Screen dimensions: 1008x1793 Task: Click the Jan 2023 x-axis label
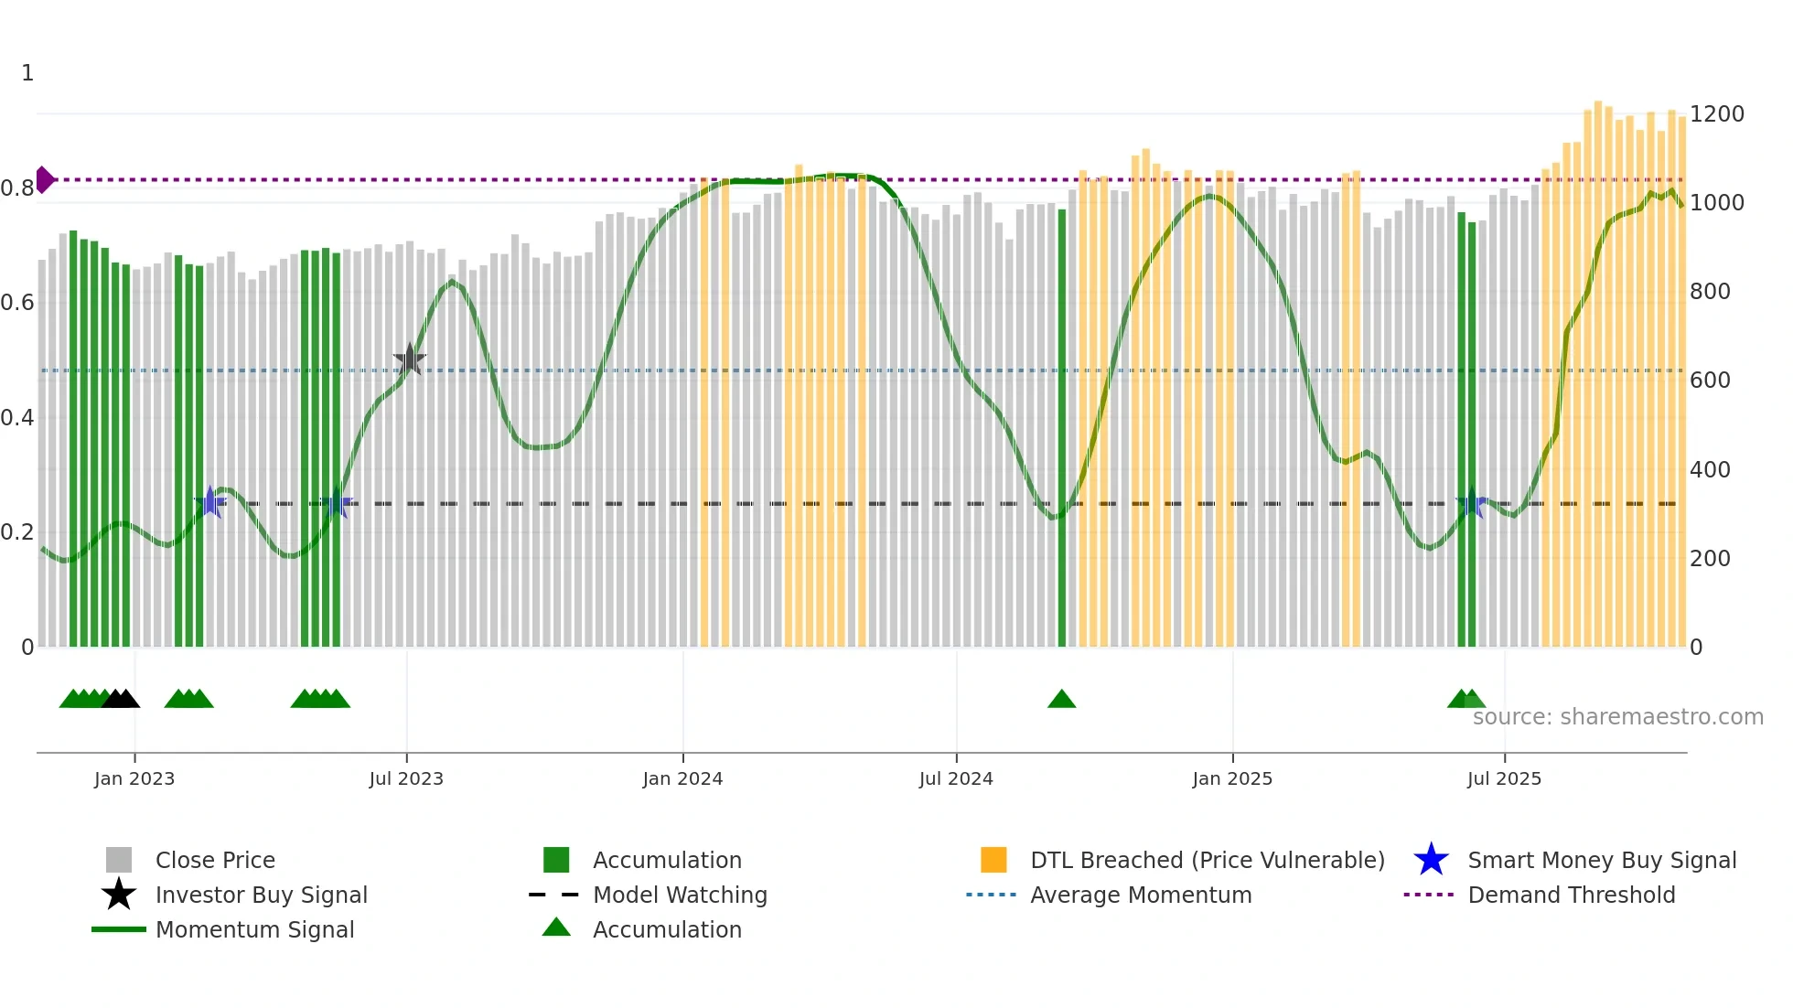(x=134, y=778)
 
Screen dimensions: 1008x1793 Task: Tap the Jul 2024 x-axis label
(x=956, y=778)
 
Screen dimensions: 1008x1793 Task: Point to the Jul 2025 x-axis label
(x=1504, y=778)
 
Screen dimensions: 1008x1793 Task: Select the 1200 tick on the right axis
(x=1716, y=114)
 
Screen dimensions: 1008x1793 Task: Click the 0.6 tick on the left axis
(x=17, y=303)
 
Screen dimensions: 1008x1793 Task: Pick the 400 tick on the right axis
(x=1710, y=469)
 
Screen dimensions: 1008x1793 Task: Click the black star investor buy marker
(x=410, y=359)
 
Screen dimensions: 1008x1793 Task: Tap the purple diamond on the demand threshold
(x=44, y=179)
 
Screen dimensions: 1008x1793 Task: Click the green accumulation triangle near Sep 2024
(x=1061, y=699)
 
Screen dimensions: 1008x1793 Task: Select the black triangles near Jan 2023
(x=121, y=699)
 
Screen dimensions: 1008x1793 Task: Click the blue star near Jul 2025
(x=1471, y=504)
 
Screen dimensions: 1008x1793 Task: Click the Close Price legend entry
(x=214, y=860)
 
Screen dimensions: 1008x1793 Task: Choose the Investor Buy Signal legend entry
(x=261, y=895)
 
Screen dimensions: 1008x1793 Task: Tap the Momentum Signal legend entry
(x=254, y=929)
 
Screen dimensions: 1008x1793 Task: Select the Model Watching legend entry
(x=679, y=895)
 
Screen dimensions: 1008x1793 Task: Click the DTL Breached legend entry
(x=1206, y=860)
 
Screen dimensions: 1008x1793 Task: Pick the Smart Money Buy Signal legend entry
(x=1601, y=860)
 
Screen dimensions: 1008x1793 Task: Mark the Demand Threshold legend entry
(x=1571, y=895)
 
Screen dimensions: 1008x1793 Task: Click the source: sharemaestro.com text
(x=1617, y=717)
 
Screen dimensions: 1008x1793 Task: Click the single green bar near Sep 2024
(x=1062, y=430)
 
